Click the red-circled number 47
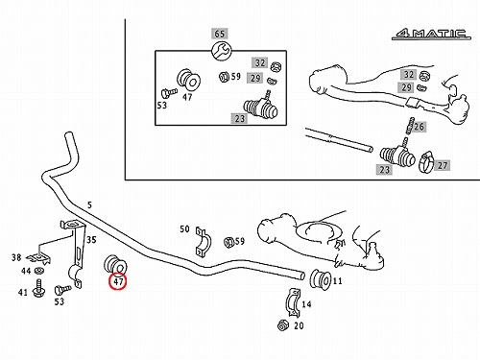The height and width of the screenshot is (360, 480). point(118,281)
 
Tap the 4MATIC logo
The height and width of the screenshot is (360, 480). point(431,34)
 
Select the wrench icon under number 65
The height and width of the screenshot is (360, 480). point(221,50)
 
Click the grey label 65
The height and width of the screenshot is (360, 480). point(219,34)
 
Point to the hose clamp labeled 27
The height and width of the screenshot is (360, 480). point(426,161)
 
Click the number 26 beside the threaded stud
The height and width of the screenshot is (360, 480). point(419,127)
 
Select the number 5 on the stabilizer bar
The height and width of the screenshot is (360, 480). point(89,205)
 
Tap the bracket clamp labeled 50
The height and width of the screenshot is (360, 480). point(203,242)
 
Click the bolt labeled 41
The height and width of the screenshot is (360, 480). point(39,288)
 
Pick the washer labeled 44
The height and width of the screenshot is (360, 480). point(39,271)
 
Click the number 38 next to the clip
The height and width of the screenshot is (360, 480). point(16,257)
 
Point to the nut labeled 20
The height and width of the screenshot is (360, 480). point(283,325)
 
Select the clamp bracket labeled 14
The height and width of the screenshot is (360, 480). point(293,302)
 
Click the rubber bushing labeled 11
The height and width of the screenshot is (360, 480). point(320,279)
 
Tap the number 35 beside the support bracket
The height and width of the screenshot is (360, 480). point(91,240)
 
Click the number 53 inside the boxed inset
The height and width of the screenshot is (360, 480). point(162,105)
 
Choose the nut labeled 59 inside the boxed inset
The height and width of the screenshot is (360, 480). point(224,77)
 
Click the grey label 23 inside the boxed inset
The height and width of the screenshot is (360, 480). point(239,119)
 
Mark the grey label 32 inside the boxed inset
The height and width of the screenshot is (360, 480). point(260,62)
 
